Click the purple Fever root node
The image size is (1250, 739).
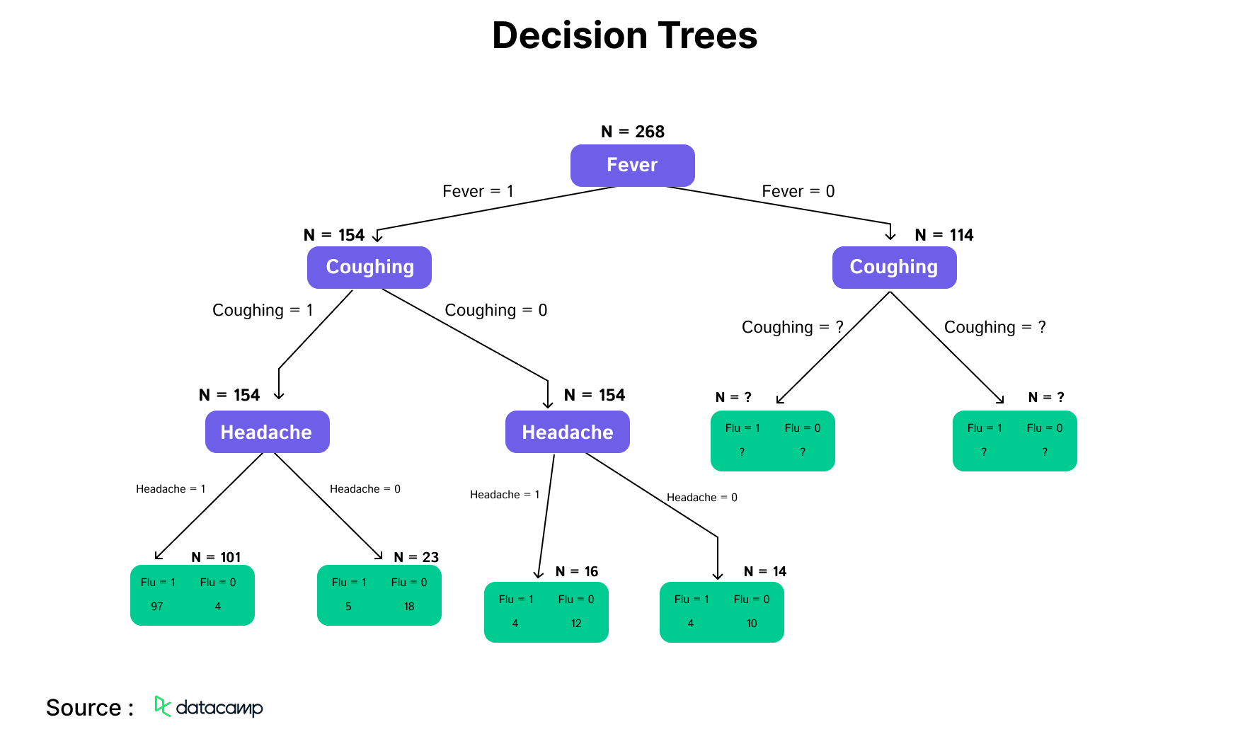pyautogui.click(x=632, y=165)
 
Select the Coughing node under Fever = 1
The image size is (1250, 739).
pyautogui.click(x=369, y=267)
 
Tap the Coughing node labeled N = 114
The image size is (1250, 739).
pyautogui.click(x=893, y=267)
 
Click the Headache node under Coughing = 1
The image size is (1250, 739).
pyautogui.click(x=267, y=432)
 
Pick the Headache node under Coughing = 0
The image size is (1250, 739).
pyautogui.click(x=567, y=432)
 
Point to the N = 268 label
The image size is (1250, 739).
pyautogui.click(x=632, y=132)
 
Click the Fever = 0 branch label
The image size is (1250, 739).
pyautogui.click(x=798, y=191)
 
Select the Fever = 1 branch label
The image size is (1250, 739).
pyautogui.click(x=478, y=191)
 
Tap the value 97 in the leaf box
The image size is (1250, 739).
pyautogui.click(x=157, y=607)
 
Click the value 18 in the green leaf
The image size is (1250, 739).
pyautogui.click(x=409, y=607)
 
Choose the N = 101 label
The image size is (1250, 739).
pyautogui.click(x=216, y=557)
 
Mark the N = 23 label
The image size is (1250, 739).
pyautogui.click(x=416, y=557)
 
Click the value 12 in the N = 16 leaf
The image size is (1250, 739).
pyautogui.click(x=576, y=624)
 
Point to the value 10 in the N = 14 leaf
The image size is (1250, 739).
pyautogui.click(x=752, y=624)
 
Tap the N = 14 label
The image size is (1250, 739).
pyautogui.click(x=765, y=571)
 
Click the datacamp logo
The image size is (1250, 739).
pyautogui.click(x=209, y=706)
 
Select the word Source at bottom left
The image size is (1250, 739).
pyautogui.click(x=84, y=708)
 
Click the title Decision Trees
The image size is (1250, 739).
pyautogui.click(x=624, y=35)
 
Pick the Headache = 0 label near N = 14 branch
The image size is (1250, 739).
pyautogui.click(x=701, y=498)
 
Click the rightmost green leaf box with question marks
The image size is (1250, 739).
pyautogui.click(x=1014, y=440)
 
